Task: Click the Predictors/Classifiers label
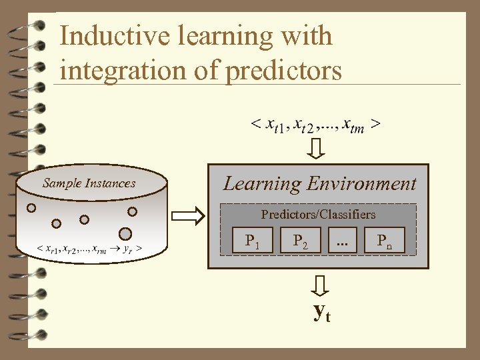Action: (318, 215)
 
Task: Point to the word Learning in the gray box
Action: (262, 184)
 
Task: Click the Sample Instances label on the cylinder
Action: (89, 183)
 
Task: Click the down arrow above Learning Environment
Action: (318, 147)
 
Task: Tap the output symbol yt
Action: (322, 312)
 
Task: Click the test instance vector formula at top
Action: (316, 124)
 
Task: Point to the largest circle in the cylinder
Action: (125, 234)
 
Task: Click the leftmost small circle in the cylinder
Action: (31, 207)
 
